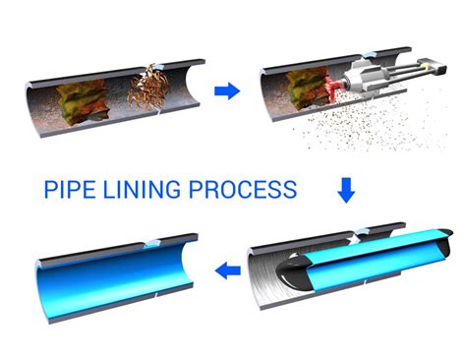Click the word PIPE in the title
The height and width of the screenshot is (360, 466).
click(71, 189)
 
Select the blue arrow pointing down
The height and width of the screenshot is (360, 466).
click(345, 188)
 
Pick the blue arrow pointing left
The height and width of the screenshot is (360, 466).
click(227, 269)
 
